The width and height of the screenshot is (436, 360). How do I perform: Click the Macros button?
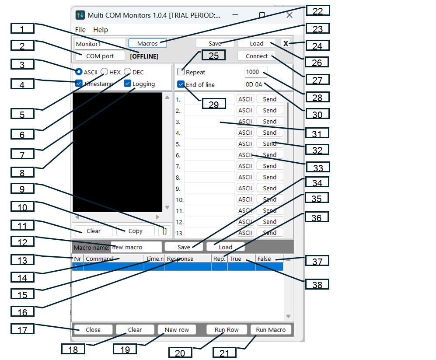147,43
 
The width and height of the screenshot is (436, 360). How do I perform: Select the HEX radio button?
105,72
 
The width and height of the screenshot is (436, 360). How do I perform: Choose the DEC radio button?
127,72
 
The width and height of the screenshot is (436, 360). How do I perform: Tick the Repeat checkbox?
181,72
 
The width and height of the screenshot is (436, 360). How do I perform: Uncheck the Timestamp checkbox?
79,84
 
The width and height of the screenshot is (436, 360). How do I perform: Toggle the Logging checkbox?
128,84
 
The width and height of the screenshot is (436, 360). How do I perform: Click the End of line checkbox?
181,84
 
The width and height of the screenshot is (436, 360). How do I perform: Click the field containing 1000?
255,72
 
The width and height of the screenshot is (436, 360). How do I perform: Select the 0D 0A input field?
262,84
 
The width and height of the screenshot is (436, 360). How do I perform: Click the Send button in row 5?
269,144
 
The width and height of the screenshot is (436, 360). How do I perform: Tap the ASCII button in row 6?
245,155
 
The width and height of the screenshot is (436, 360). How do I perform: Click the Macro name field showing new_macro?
136,247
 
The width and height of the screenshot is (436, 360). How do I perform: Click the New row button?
177,330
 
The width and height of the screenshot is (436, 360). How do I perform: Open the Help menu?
101,30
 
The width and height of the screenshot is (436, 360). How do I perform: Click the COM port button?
100,56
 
